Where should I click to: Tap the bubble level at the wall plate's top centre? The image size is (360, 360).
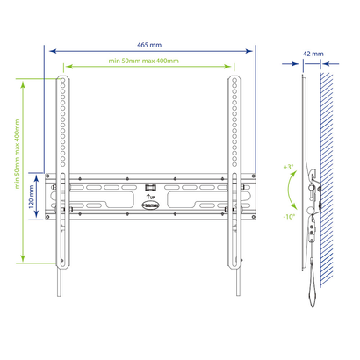(x=150, y=186)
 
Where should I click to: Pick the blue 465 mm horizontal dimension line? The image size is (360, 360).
(x=149, y=49)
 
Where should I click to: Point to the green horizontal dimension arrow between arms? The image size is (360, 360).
(x=149, y=66)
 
